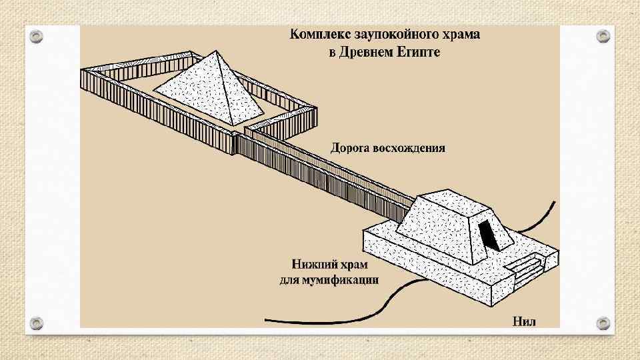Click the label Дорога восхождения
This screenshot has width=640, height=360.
point(387,147)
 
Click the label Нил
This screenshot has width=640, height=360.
point(524,322)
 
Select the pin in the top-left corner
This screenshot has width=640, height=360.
point(36,36)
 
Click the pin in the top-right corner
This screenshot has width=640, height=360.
point(603,35)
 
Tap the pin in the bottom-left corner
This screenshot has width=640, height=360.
point(36,322)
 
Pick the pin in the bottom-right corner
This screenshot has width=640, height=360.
point(603,322)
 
